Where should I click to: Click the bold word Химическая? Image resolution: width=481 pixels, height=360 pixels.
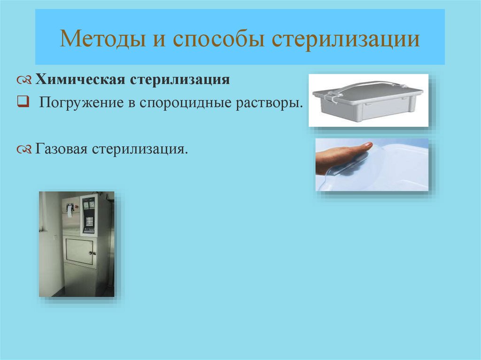tap(80, 79)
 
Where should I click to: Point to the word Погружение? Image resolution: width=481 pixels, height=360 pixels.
tap(81, 103)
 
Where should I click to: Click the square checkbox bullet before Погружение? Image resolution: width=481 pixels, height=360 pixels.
tap(23, 101)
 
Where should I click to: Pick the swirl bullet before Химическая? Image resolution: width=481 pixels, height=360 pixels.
tap(24, 81)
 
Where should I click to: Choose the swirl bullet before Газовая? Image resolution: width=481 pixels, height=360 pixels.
tap(24, 150)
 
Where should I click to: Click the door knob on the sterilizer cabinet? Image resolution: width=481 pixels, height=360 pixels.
tap(91, 253)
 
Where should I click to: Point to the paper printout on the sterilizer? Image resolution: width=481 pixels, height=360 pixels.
tap(70, 211)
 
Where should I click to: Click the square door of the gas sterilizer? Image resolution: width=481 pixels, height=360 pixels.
tap(79, 252)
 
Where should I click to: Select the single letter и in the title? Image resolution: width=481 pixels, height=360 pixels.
tap(159, 40)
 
